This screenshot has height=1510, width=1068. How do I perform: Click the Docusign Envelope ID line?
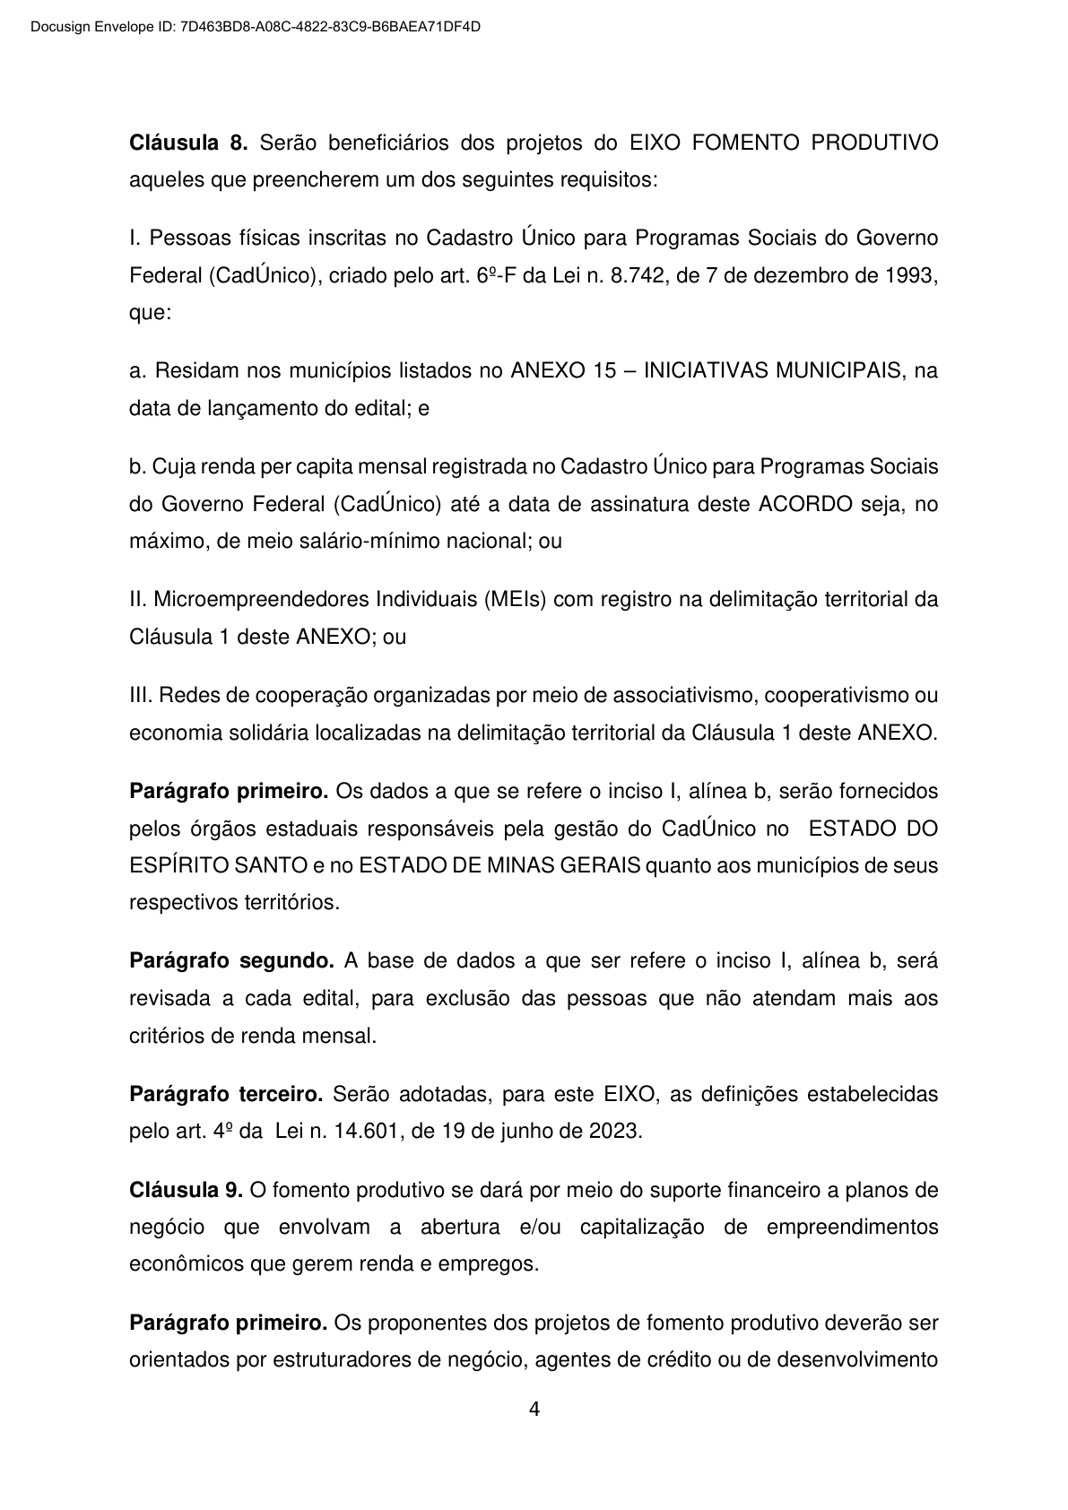(256, 27)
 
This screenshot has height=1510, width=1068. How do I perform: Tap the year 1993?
(911, 276)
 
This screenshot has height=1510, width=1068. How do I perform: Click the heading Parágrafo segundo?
(231, 961)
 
